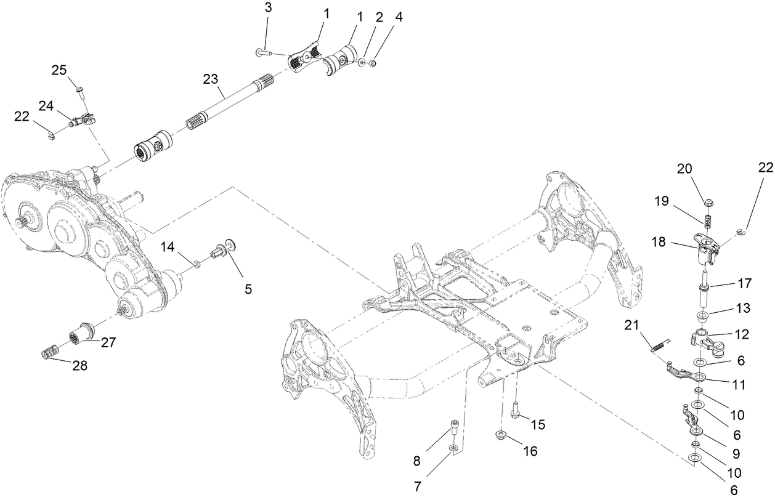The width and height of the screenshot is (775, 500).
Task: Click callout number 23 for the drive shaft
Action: coord(211,79)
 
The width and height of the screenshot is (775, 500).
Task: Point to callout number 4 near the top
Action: coord(399,17)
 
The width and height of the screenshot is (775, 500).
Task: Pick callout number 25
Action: coord(59,70)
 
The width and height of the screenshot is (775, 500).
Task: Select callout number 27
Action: coord(108,343)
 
